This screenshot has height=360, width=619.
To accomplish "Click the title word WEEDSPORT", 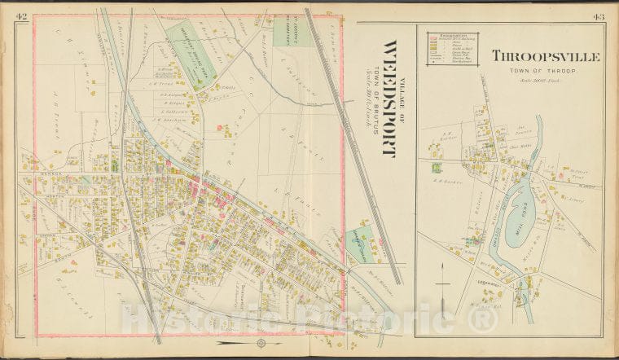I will click(x=389, y=99).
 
